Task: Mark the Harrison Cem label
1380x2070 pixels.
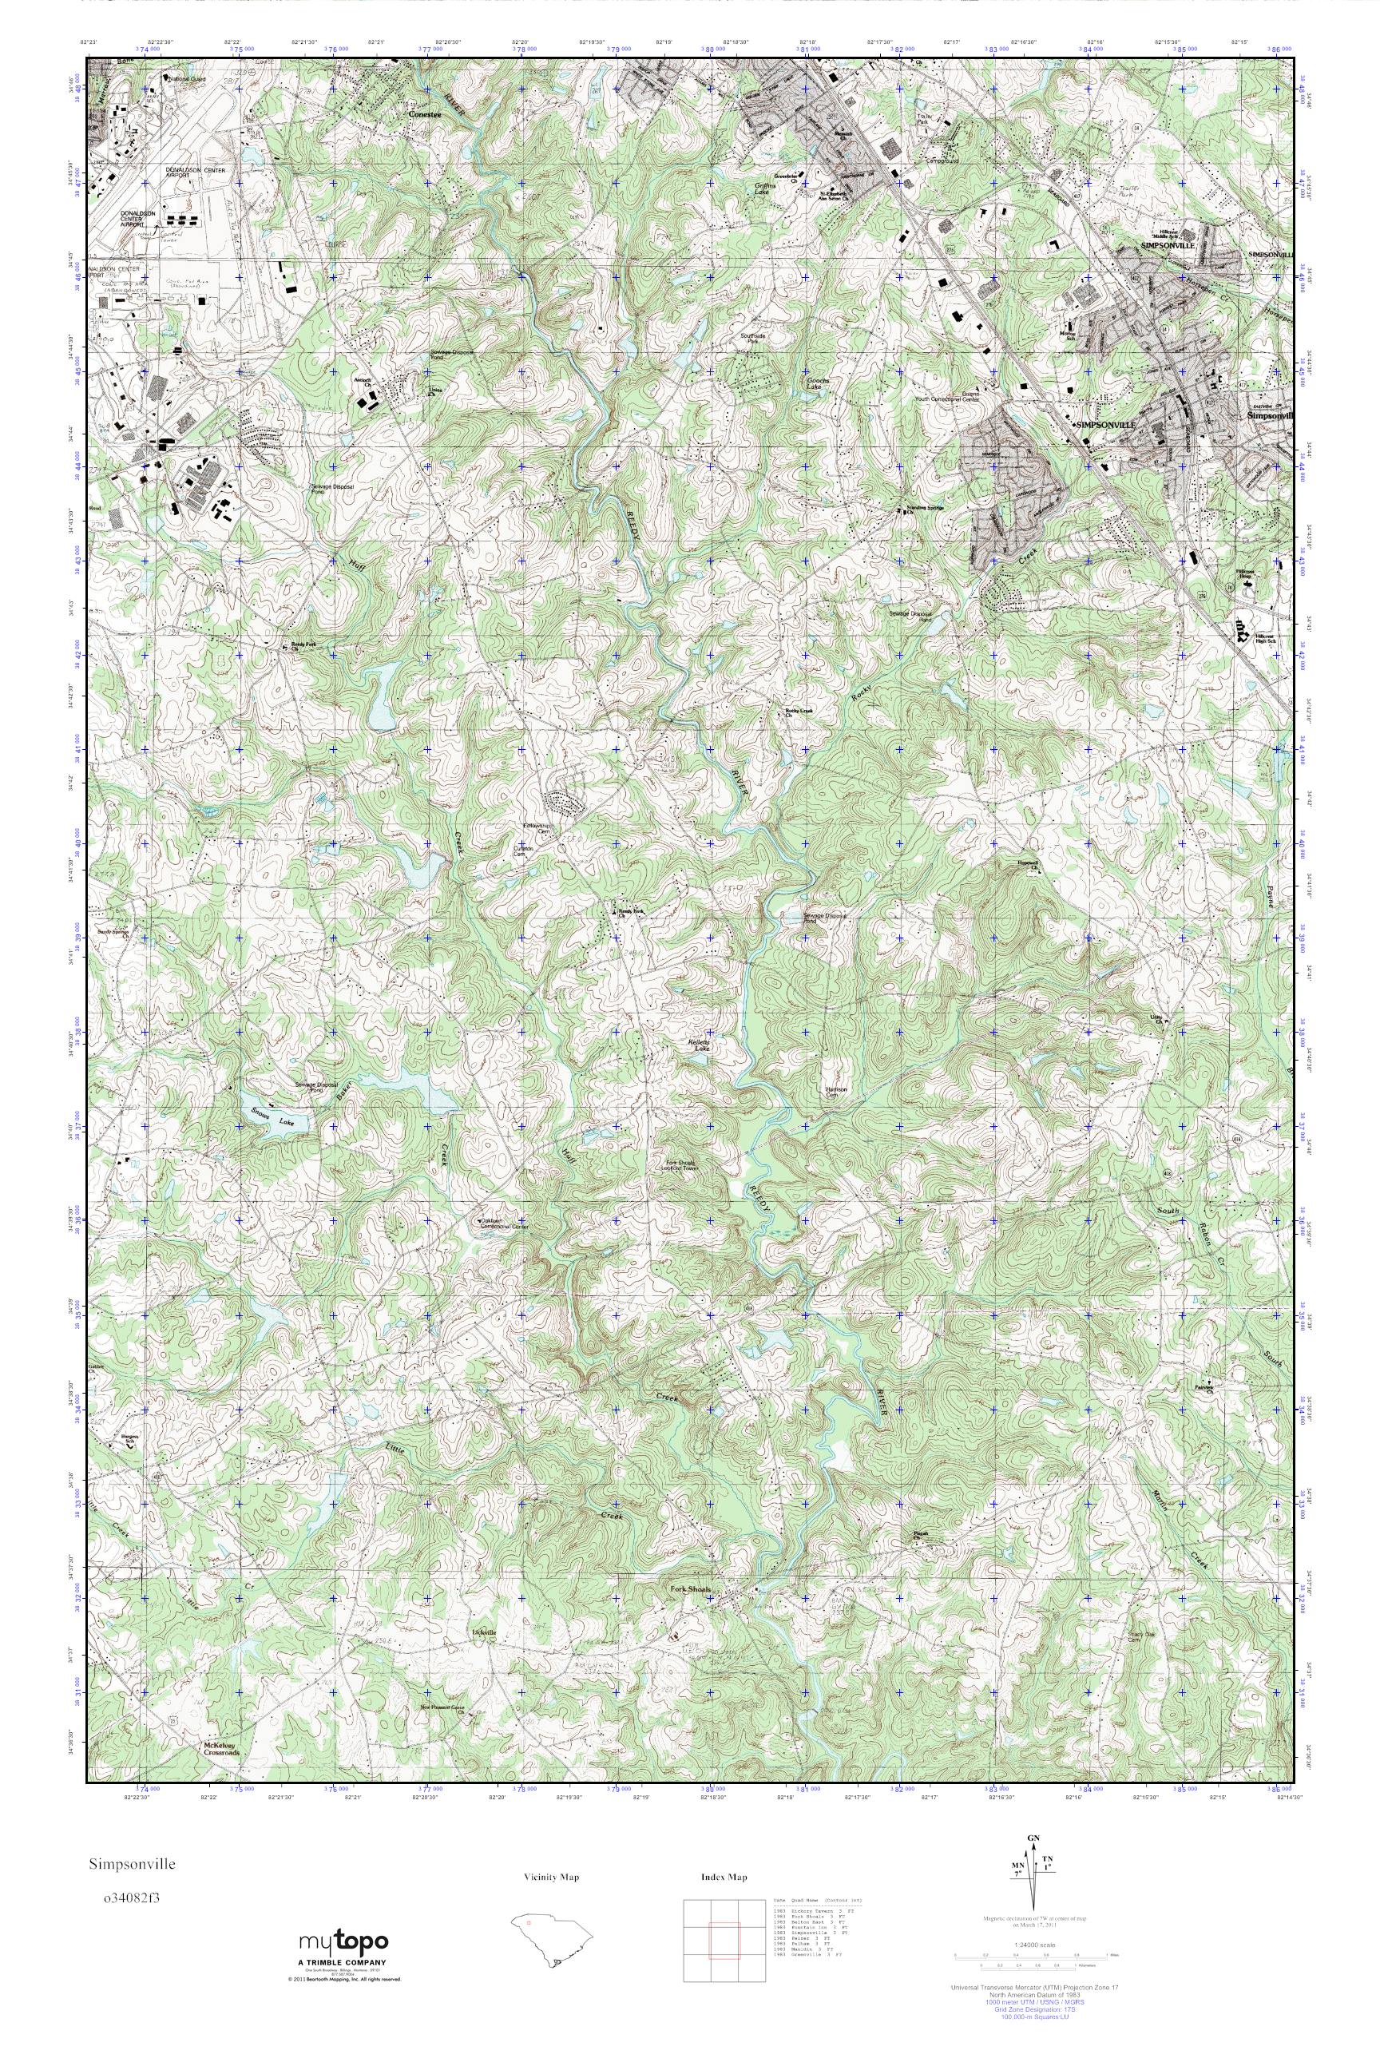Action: coord(836,1092)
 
